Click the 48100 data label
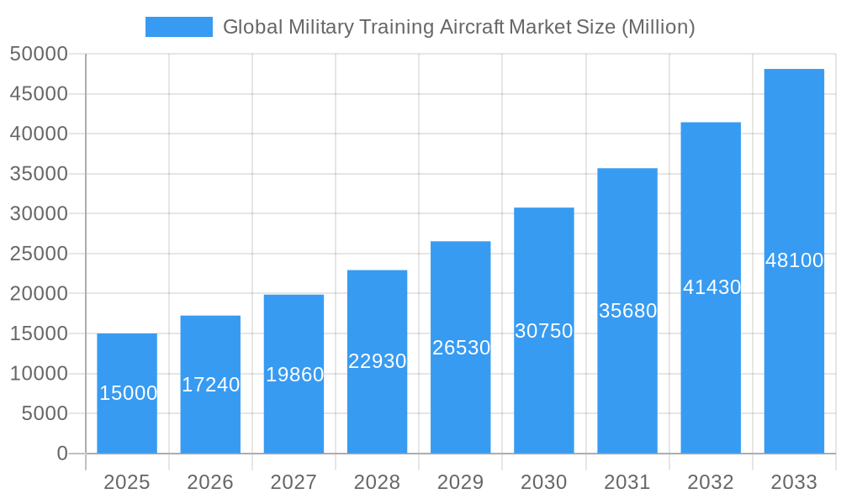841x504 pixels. [x=794, y=260]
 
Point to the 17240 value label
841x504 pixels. [x=210, y=385]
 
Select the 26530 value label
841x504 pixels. [x=461, y=348]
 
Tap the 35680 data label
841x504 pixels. [x=627, y=311]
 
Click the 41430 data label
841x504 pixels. [x=711, y=287]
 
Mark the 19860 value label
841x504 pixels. [x=294, y=375]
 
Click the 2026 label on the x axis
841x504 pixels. [x=210, y=482]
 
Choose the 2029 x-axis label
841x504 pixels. [x=461, y=482]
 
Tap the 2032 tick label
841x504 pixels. [x=711, y=482]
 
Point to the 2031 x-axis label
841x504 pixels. [x=627, y=482]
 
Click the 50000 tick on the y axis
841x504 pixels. [x=38, y=55]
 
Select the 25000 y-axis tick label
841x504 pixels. [x=38, y=254]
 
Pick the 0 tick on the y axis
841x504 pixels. [x=62, y=454]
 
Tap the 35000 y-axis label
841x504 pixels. [x=38, y=174]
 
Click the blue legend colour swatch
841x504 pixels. [x=179, y=27]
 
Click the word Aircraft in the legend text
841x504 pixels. [x=472, y=27]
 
